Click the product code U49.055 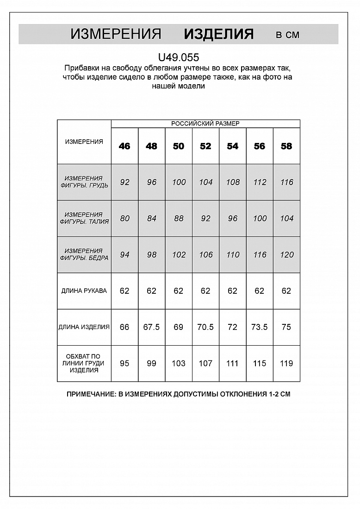(x=179, y=57)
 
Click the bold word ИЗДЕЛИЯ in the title (x=218, y=34)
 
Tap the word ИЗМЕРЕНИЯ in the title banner (x=116, y=34)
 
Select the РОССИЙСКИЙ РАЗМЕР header (x=205, y=124)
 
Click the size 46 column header (x=124, y=146)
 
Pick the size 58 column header (x=286, y=146)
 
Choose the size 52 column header (x=205, y=146)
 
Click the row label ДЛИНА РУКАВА (x=84, y=291)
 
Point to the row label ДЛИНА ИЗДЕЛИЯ (x=84, y=327)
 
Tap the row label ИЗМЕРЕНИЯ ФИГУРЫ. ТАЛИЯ (x=84, y=218)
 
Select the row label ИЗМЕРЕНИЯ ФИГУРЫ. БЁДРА (x=84, y=254)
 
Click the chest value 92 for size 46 (x=124, y=182)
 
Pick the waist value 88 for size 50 (x=179, y=218)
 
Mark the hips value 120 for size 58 (x=286, y=254)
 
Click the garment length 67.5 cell (x=151, y=327)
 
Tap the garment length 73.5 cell (x=260, y=327)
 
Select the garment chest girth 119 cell (x=286, y=363)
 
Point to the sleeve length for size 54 (x=232, y=291)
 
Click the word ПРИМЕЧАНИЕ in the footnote (x=91, y=395)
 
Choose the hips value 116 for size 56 (x=260, y=254)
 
